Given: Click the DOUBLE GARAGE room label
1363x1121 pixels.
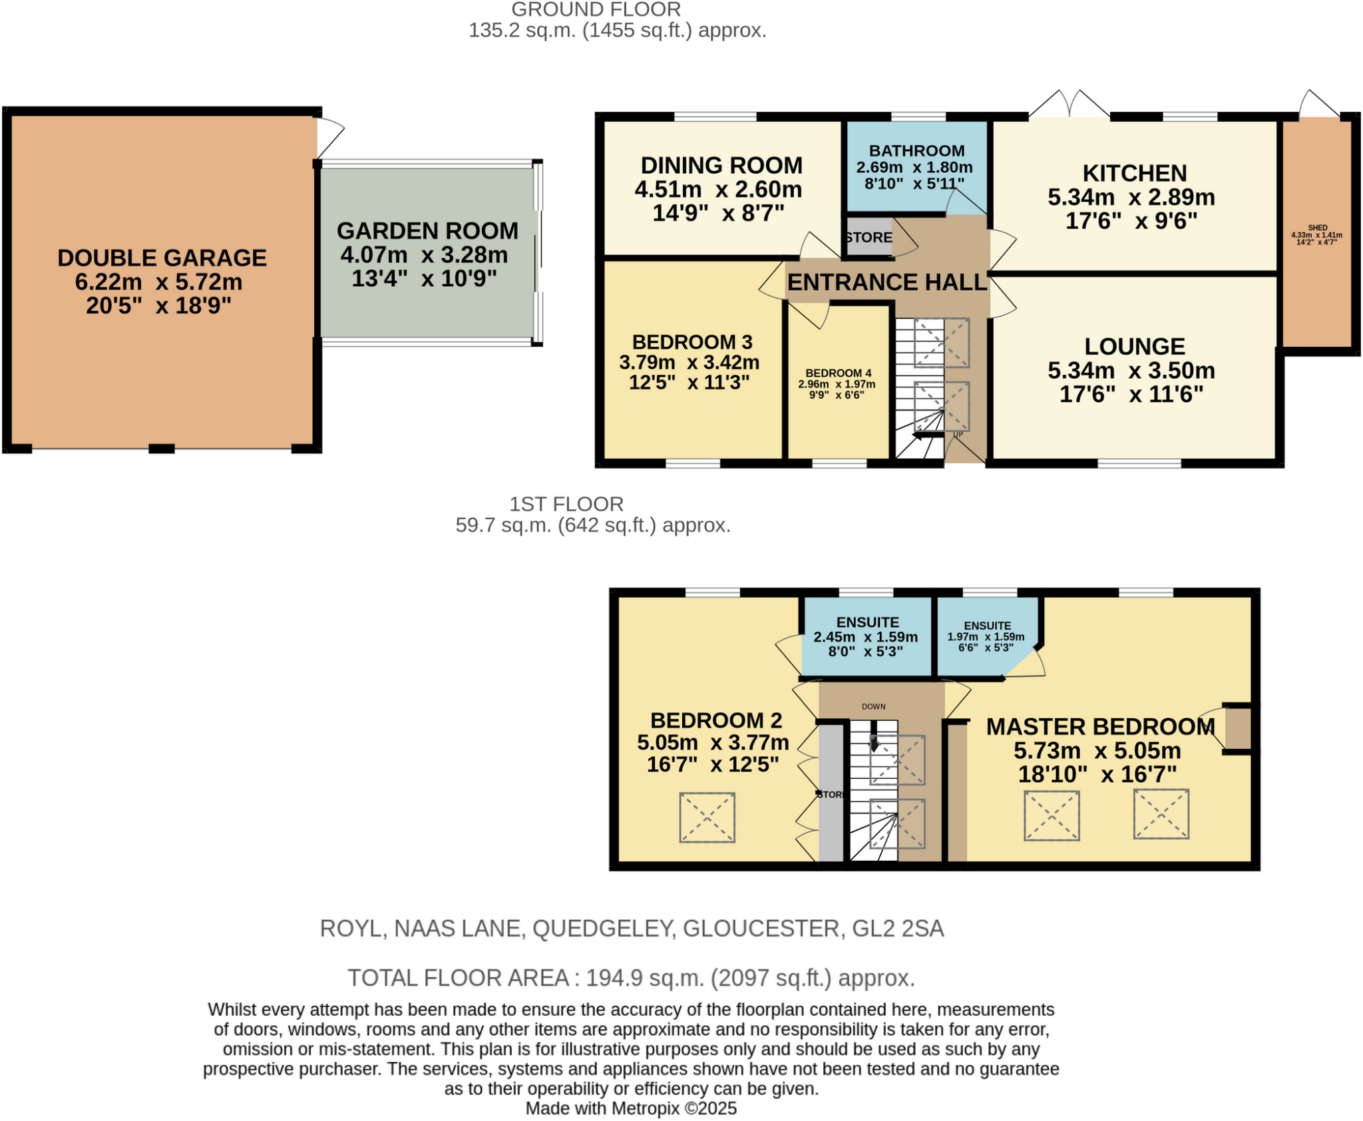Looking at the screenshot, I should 162,258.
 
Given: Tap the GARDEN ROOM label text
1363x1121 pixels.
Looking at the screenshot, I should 427,231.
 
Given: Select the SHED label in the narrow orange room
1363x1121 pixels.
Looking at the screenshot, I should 1317,228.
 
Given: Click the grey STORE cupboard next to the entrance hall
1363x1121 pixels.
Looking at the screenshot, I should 869,238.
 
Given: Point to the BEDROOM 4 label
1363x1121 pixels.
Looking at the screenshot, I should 838,373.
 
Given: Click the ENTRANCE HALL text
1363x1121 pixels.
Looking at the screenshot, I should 886,282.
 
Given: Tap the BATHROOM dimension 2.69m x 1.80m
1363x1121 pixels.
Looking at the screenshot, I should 914,168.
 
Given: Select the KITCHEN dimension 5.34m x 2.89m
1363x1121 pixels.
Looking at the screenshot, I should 1131,197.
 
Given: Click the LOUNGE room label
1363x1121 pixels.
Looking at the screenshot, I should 1134,346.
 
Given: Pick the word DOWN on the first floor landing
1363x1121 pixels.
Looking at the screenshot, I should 873,706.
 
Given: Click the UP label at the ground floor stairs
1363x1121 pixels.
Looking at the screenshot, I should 958,435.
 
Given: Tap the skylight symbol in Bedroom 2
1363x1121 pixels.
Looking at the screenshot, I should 707,817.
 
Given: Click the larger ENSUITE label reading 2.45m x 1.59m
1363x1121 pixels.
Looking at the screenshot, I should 867,622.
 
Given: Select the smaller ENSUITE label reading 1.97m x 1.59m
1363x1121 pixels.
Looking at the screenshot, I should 987,626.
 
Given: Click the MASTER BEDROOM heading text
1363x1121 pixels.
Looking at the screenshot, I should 1100,726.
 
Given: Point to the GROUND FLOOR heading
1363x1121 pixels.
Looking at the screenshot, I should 596,9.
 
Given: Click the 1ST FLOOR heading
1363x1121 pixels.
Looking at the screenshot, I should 566,504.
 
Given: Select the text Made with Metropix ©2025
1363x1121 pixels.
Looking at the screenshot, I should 631,1108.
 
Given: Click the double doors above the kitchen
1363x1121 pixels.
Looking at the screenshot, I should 1070,105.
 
